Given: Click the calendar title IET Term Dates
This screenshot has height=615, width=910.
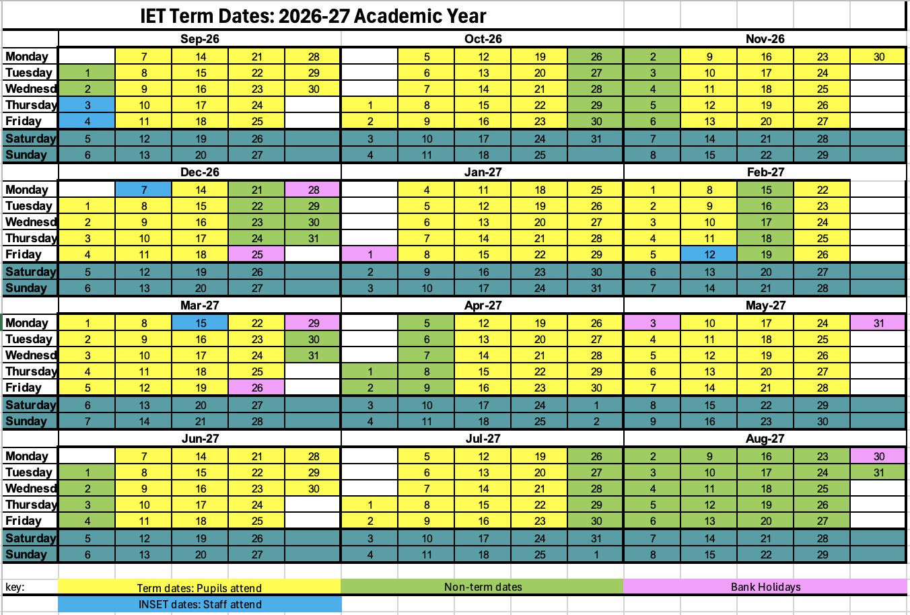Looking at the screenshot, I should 313,15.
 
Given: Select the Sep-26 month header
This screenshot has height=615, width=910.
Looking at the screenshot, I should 200,39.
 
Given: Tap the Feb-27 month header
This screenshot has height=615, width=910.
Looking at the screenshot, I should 765,172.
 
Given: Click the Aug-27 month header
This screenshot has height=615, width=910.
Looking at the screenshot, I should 765,439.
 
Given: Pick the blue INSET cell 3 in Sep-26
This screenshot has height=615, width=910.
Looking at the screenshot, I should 87,105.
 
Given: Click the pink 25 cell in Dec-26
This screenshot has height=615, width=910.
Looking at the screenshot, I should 257,254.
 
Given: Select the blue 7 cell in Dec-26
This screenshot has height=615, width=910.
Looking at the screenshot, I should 144,190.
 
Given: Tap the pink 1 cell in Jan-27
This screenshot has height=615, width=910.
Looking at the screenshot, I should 370,254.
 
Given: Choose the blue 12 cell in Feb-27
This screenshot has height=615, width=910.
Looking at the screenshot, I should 709,254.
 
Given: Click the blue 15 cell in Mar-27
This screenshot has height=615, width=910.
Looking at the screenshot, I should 201,323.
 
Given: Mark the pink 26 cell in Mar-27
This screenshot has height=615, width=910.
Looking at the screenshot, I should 257,388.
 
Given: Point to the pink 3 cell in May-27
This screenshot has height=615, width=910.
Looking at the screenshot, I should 653,323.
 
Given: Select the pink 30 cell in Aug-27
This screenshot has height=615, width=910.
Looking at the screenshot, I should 879,456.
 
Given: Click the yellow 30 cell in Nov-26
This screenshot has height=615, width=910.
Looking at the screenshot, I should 879,57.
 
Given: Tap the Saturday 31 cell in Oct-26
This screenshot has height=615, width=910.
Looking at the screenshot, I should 596,139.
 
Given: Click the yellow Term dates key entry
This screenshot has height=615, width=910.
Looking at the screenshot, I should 199,587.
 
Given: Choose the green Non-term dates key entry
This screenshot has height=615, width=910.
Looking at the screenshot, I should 483,587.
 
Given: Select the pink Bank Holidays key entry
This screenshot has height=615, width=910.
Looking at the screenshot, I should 765,587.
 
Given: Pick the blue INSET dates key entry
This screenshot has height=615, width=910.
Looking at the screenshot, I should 199,604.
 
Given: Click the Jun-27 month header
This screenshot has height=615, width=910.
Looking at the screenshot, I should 200,439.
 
